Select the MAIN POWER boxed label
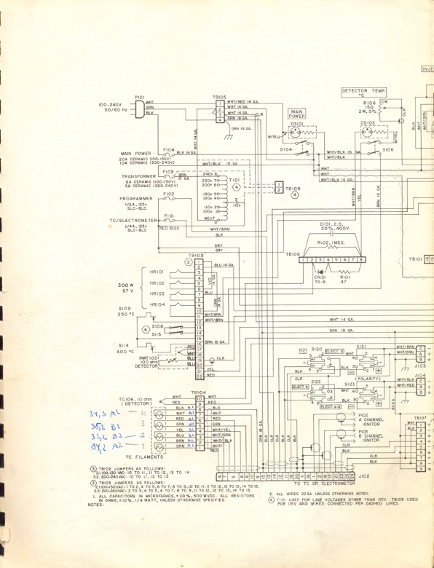point(296,114)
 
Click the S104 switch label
point(285,149)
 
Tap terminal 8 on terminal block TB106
point(360,259)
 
